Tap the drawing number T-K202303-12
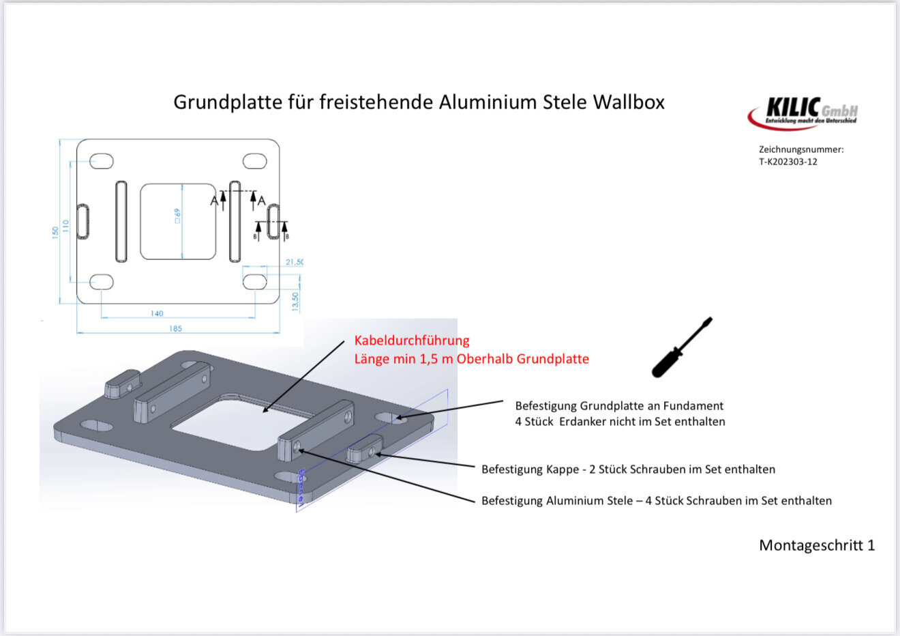787,162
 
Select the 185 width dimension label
175,328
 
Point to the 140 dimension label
157,313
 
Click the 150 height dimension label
55,232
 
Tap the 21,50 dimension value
294,262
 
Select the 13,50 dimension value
295,301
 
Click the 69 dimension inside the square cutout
177,216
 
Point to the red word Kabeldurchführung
412,341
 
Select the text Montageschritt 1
816,545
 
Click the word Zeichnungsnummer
800,149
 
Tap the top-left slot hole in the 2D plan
102,161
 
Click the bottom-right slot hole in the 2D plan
255,281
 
